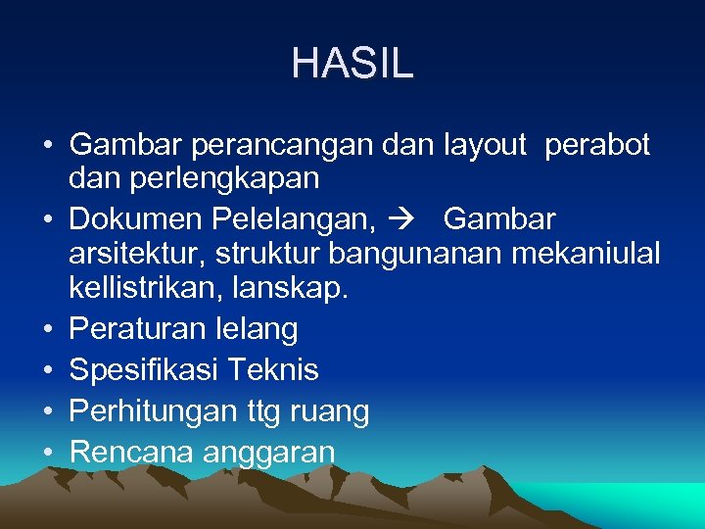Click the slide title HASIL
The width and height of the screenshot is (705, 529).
pyautogui.click(x=352, y=64)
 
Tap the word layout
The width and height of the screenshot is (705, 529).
pyautogui.click(x=484, y=145)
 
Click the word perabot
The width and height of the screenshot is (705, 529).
pyautogui.click(x=596, y=145)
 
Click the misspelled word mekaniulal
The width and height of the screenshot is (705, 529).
pyautogui.click(x=583, y=254)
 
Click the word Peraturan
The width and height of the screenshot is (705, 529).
pyautogui.click(x=138, y=328)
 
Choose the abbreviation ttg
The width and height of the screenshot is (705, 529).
pyautogui.click(x=263, y=411)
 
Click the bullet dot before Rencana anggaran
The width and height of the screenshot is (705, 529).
pyautogui.click(x=48, y=453)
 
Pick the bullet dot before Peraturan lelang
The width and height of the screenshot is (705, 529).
pyautogui.click(x=48, y=328)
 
